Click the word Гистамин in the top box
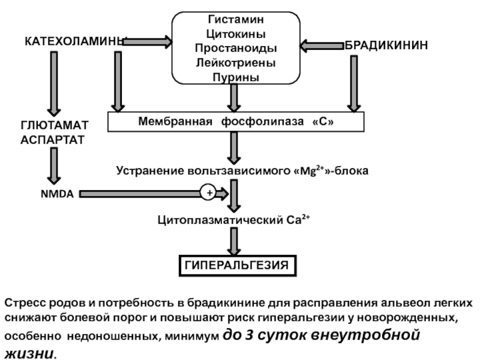pyautogui.click(x=236, y=20)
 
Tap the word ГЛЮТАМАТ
pyautogui.click(x=54, y=125)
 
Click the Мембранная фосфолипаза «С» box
pyautogui.click(x=235, y=122)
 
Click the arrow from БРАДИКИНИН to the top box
pyautogui.click(x=321, y=45)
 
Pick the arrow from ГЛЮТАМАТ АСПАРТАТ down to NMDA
pyautogui.click(x=55, y=166)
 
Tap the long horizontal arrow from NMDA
pyautogui.click(x=144, y=193)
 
